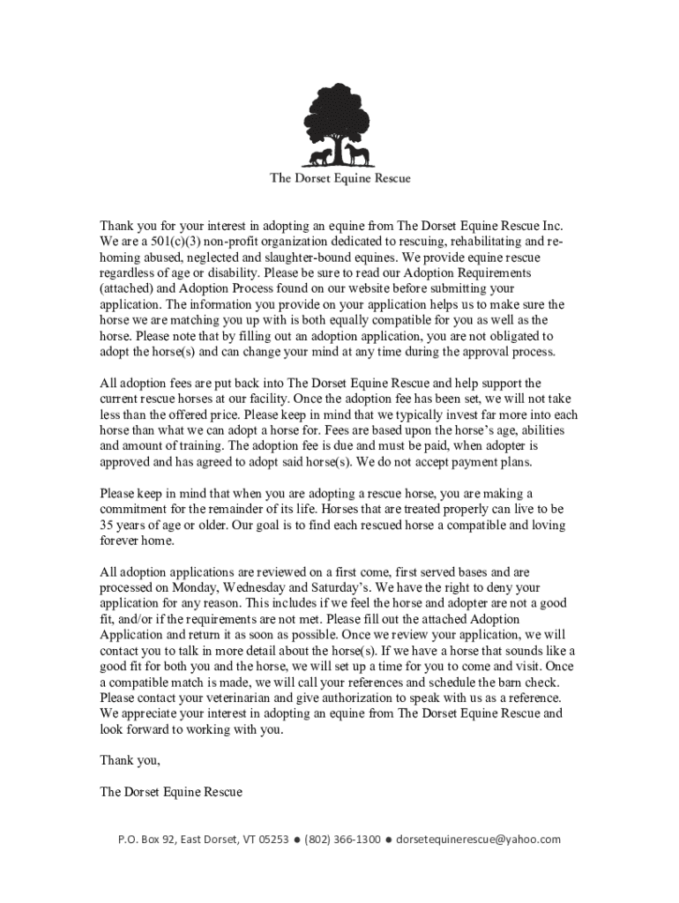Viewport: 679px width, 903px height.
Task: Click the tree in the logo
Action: (339, 119)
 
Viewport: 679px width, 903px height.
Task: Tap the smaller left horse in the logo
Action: (319, 158)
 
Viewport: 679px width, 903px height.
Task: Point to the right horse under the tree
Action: (357, 156)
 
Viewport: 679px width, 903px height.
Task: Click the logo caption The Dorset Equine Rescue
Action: (339, 178)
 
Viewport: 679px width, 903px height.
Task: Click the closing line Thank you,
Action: (130, 760)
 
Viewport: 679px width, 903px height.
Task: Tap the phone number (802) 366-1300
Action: (342, 840)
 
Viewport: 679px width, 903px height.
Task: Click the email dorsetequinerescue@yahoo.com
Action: (478, 840)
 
